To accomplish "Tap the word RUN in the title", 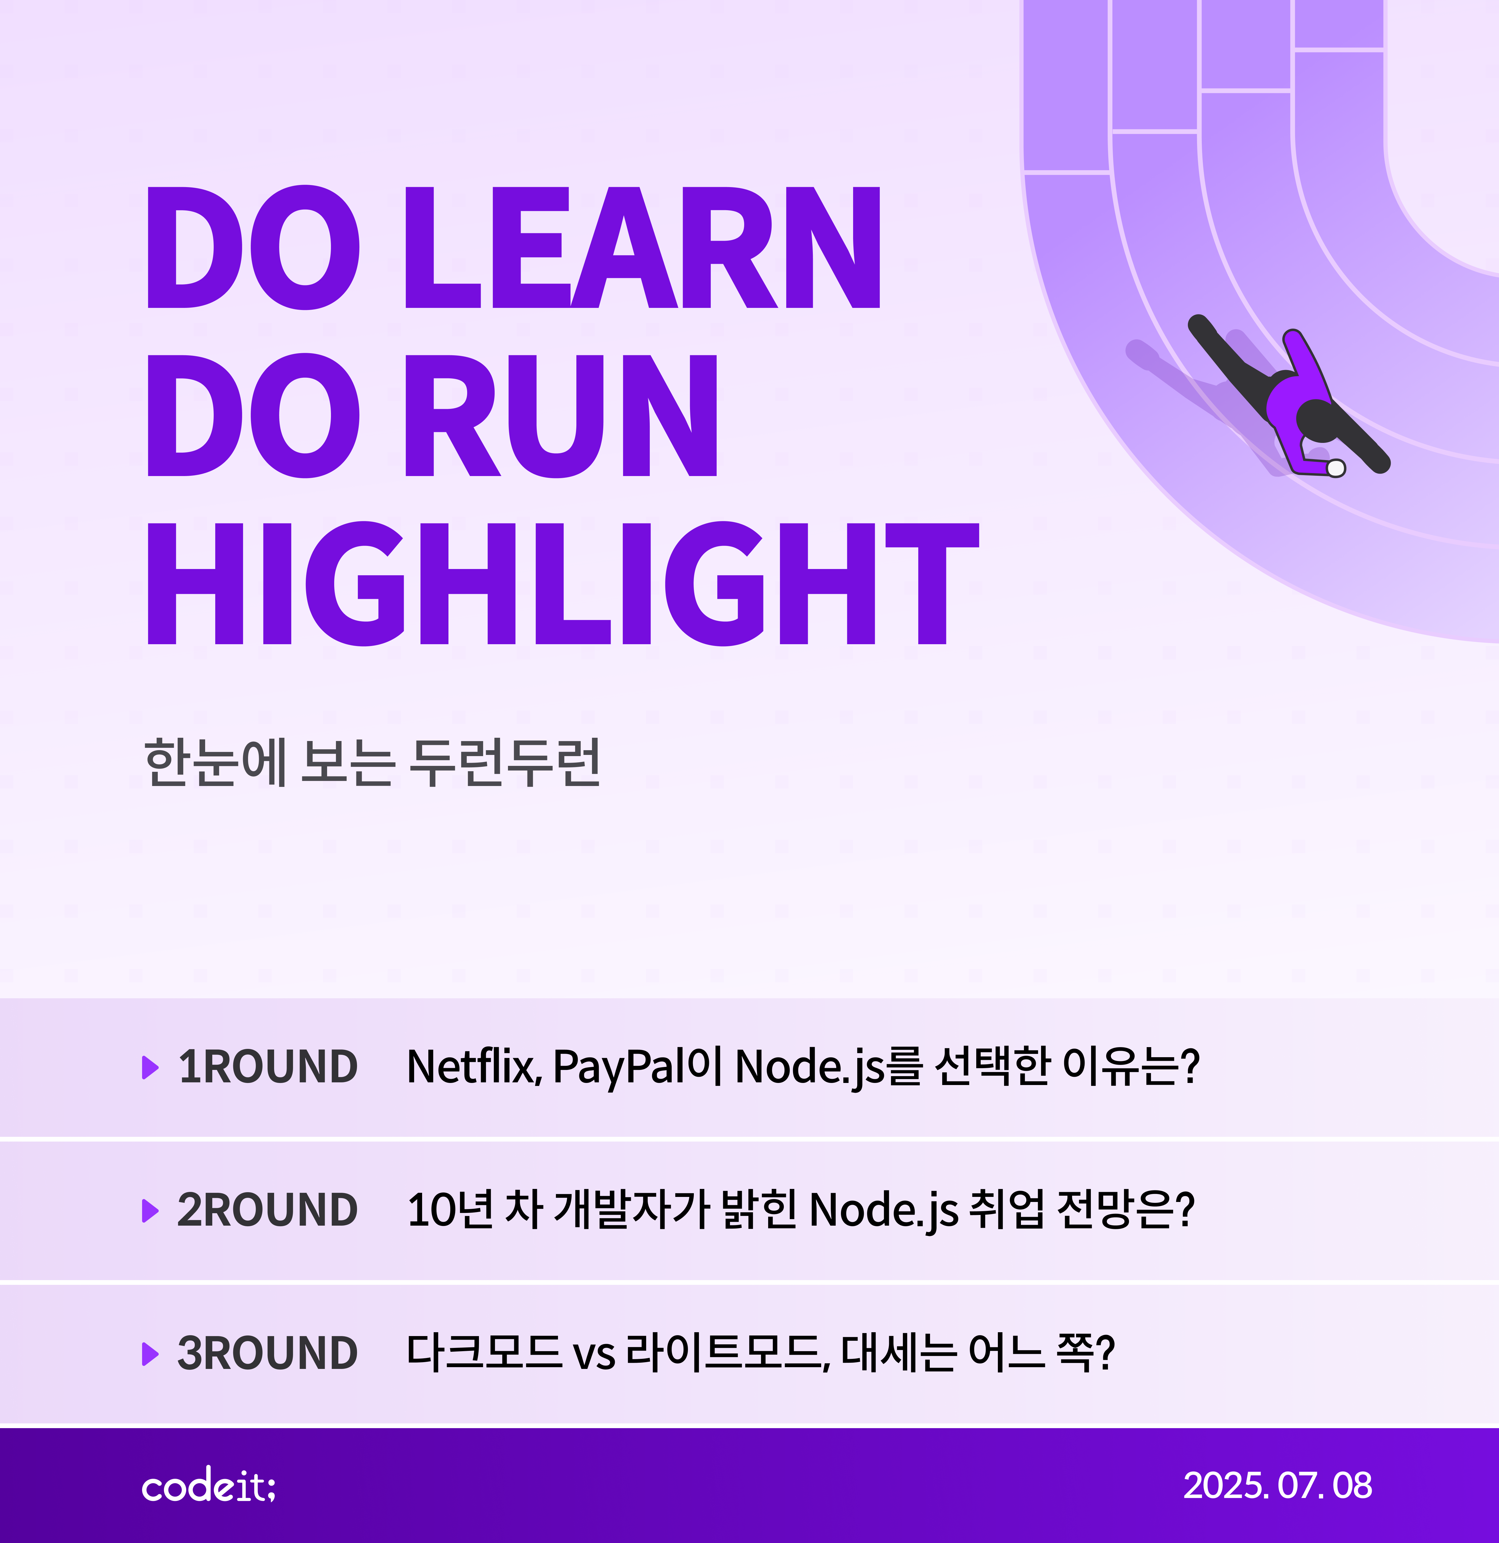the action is pyautogui.click(x=561, y=416).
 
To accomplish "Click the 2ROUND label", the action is pyautogui.click(x=268, y=1210).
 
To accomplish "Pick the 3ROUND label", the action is pyautogui.click(x=268, y=1353).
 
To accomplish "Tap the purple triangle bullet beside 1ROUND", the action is pyautogui.click(x=150, y=1068).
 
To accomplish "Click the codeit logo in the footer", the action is pyautogui.click(x=209, y=1486).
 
